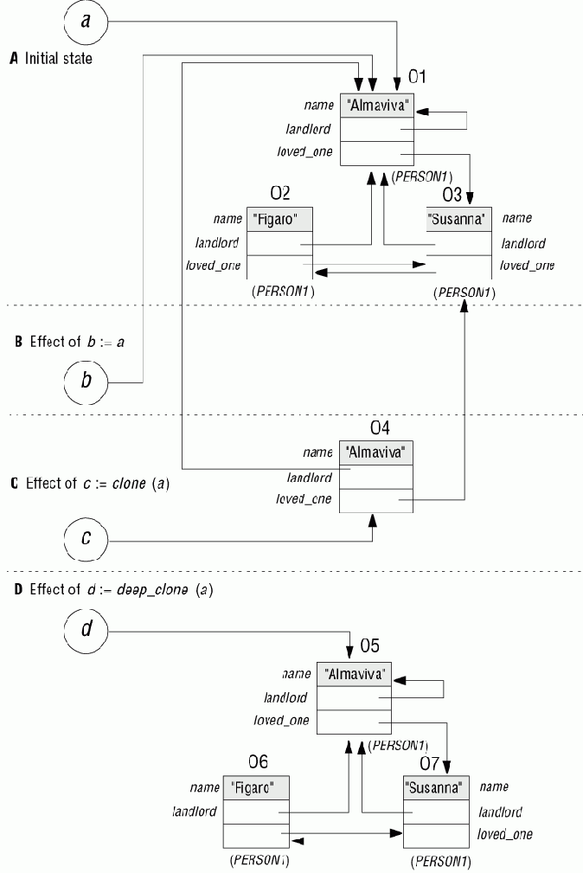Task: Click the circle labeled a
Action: tap(85, 21)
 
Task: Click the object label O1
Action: tap(418, 78)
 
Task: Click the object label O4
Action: tap(381, 427)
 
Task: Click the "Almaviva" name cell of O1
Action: tap(378, 106)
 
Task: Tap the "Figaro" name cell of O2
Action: tap(279, 219)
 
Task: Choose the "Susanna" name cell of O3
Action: tap(459, 219)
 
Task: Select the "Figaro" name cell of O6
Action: tap(256, 788)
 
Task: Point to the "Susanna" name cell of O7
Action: tap(436, 788)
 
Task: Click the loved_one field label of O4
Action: tap(304, 498)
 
